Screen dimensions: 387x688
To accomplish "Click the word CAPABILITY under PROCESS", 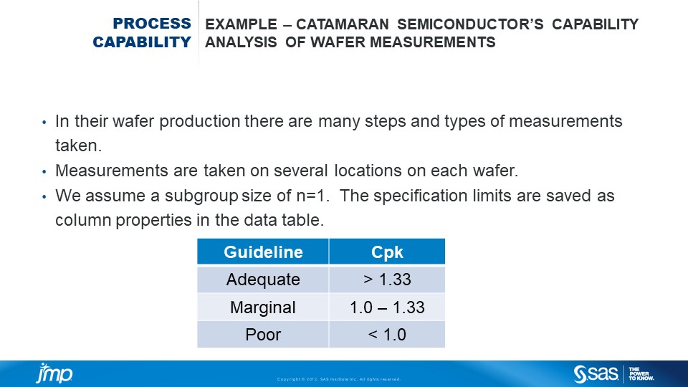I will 142,42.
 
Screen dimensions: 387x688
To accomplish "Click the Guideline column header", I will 263,252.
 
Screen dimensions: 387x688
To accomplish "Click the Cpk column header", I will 387,252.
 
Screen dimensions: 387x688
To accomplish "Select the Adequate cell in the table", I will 263,279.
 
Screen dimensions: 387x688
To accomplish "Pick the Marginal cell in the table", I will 263,307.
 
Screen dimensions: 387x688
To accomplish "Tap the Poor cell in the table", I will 263,335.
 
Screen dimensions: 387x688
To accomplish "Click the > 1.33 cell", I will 387,279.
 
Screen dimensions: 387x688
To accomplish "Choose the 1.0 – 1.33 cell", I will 387,307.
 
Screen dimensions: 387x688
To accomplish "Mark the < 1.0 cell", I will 387,335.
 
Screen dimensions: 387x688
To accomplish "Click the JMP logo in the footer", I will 54,374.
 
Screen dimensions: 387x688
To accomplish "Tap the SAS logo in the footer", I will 596,373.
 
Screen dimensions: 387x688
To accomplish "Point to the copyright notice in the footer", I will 339,379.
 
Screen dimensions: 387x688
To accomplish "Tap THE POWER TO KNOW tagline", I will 639,373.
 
